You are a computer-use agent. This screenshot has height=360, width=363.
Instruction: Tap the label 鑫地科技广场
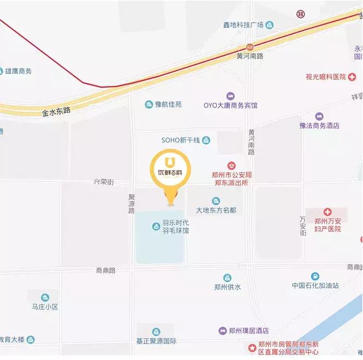(x=243, y=25)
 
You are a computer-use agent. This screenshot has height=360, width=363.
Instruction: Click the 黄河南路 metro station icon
(x=249, y=47)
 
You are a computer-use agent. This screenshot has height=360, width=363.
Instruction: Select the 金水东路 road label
(x=57, y=111)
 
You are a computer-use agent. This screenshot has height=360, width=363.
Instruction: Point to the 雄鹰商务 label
(x=19, y=71)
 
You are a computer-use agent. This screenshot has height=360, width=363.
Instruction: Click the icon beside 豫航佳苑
(x=148, y=104)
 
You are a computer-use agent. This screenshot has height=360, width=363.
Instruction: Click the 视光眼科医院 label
(x=326, y=77)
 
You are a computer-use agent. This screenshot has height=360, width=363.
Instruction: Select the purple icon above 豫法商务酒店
(x=319, y=116)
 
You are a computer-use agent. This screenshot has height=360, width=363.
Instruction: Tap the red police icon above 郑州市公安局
(x=231, y=165)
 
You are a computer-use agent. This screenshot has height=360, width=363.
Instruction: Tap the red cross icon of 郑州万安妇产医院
(x=328, y=212)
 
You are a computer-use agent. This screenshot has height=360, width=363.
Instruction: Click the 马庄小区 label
(x=45, y=307)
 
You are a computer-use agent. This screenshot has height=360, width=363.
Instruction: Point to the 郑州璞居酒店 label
(x=249, y=331)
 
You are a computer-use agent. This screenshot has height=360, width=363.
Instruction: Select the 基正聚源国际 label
(x=156, y=341)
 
